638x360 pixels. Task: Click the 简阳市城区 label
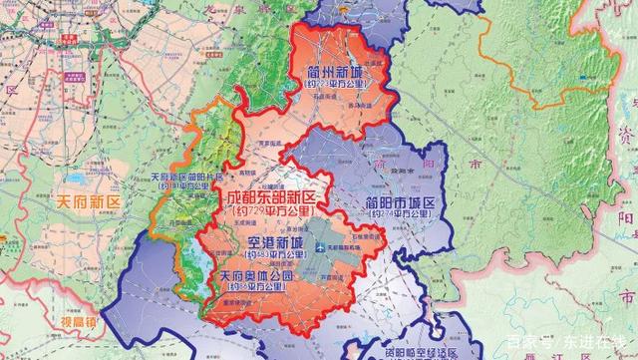click(396, 202)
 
